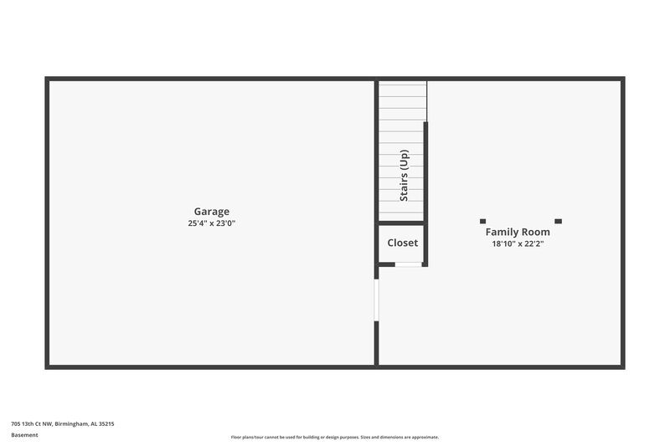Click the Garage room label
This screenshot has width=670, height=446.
pos(211,212)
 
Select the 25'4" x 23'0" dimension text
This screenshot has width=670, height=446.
pos(211,223)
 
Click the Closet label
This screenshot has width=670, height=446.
pos(402,243)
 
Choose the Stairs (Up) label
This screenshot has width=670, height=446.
pos(404,176)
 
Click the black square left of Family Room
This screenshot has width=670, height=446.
pos(482,221)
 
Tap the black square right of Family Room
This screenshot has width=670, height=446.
pos(559,221)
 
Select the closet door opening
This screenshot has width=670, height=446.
pos(408,264)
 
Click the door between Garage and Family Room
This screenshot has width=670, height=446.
pos(377,300)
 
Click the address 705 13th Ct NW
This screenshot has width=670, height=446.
pos(31,424)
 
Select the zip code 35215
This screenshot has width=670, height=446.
pos(106,424)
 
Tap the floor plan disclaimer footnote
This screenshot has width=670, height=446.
pos(334,437)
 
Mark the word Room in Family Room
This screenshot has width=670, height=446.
pos(536,232)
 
